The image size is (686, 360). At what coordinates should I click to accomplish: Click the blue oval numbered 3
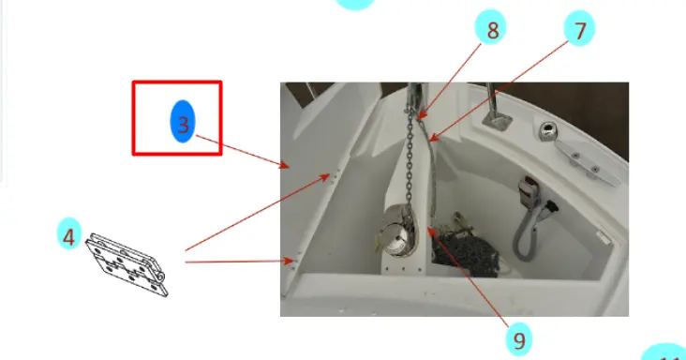[183, 121]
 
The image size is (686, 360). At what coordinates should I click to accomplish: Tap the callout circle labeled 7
[579, 28]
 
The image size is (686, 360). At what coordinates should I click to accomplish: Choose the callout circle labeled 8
[490, 27]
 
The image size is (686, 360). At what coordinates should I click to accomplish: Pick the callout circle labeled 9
[519, 339]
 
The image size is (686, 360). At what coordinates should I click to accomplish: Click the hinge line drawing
[127, 264]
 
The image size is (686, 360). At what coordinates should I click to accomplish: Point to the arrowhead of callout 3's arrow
[285, 165]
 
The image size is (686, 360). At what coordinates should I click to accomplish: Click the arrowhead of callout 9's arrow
[430, 231]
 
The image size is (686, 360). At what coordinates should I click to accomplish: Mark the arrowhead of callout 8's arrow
[421, 115]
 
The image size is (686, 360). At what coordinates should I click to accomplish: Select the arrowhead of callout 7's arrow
[433, 138]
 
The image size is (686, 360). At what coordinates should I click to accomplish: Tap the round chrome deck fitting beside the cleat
[547, 130]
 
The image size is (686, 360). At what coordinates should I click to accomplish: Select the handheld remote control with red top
[528, 190]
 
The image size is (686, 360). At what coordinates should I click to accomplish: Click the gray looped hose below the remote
[527, 231]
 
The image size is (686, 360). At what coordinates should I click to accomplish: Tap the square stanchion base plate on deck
[498, 119]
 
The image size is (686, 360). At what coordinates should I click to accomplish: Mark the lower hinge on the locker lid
[292, 262]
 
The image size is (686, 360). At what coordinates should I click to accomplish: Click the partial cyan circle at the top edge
[355, 4]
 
